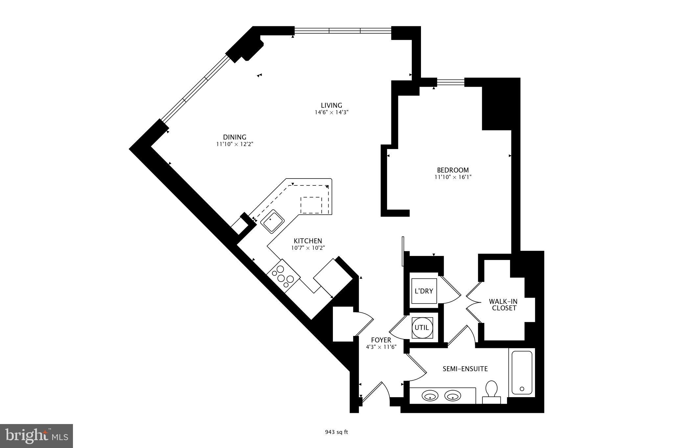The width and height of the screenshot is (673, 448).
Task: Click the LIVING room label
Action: [331, 105]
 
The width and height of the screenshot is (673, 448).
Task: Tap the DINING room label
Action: [234, 137]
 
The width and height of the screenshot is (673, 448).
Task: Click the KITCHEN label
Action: [308, 241]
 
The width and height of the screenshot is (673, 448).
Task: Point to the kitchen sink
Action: [272, 222]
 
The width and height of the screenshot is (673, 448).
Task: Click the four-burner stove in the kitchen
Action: [283, 275]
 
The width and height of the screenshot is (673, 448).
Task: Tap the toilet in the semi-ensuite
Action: [492, 389]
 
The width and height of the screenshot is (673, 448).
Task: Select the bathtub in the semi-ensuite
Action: [522, 373]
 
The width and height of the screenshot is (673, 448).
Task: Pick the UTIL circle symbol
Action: [422, 327]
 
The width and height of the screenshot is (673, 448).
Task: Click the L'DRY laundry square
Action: [424, 291]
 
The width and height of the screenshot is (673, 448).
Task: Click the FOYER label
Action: [381, 340]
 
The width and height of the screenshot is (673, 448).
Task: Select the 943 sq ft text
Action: [336, 432]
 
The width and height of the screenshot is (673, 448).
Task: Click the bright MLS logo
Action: [36, 436]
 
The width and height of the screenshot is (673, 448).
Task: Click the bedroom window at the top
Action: [451, 82]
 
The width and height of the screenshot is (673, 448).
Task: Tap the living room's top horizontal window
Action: [343, 31]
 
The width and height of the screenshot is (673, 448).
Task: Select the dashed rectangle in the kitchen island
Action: [311, 205]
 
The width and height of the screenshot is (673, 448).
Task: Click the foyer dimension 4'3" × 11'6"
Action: [381, 347]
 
